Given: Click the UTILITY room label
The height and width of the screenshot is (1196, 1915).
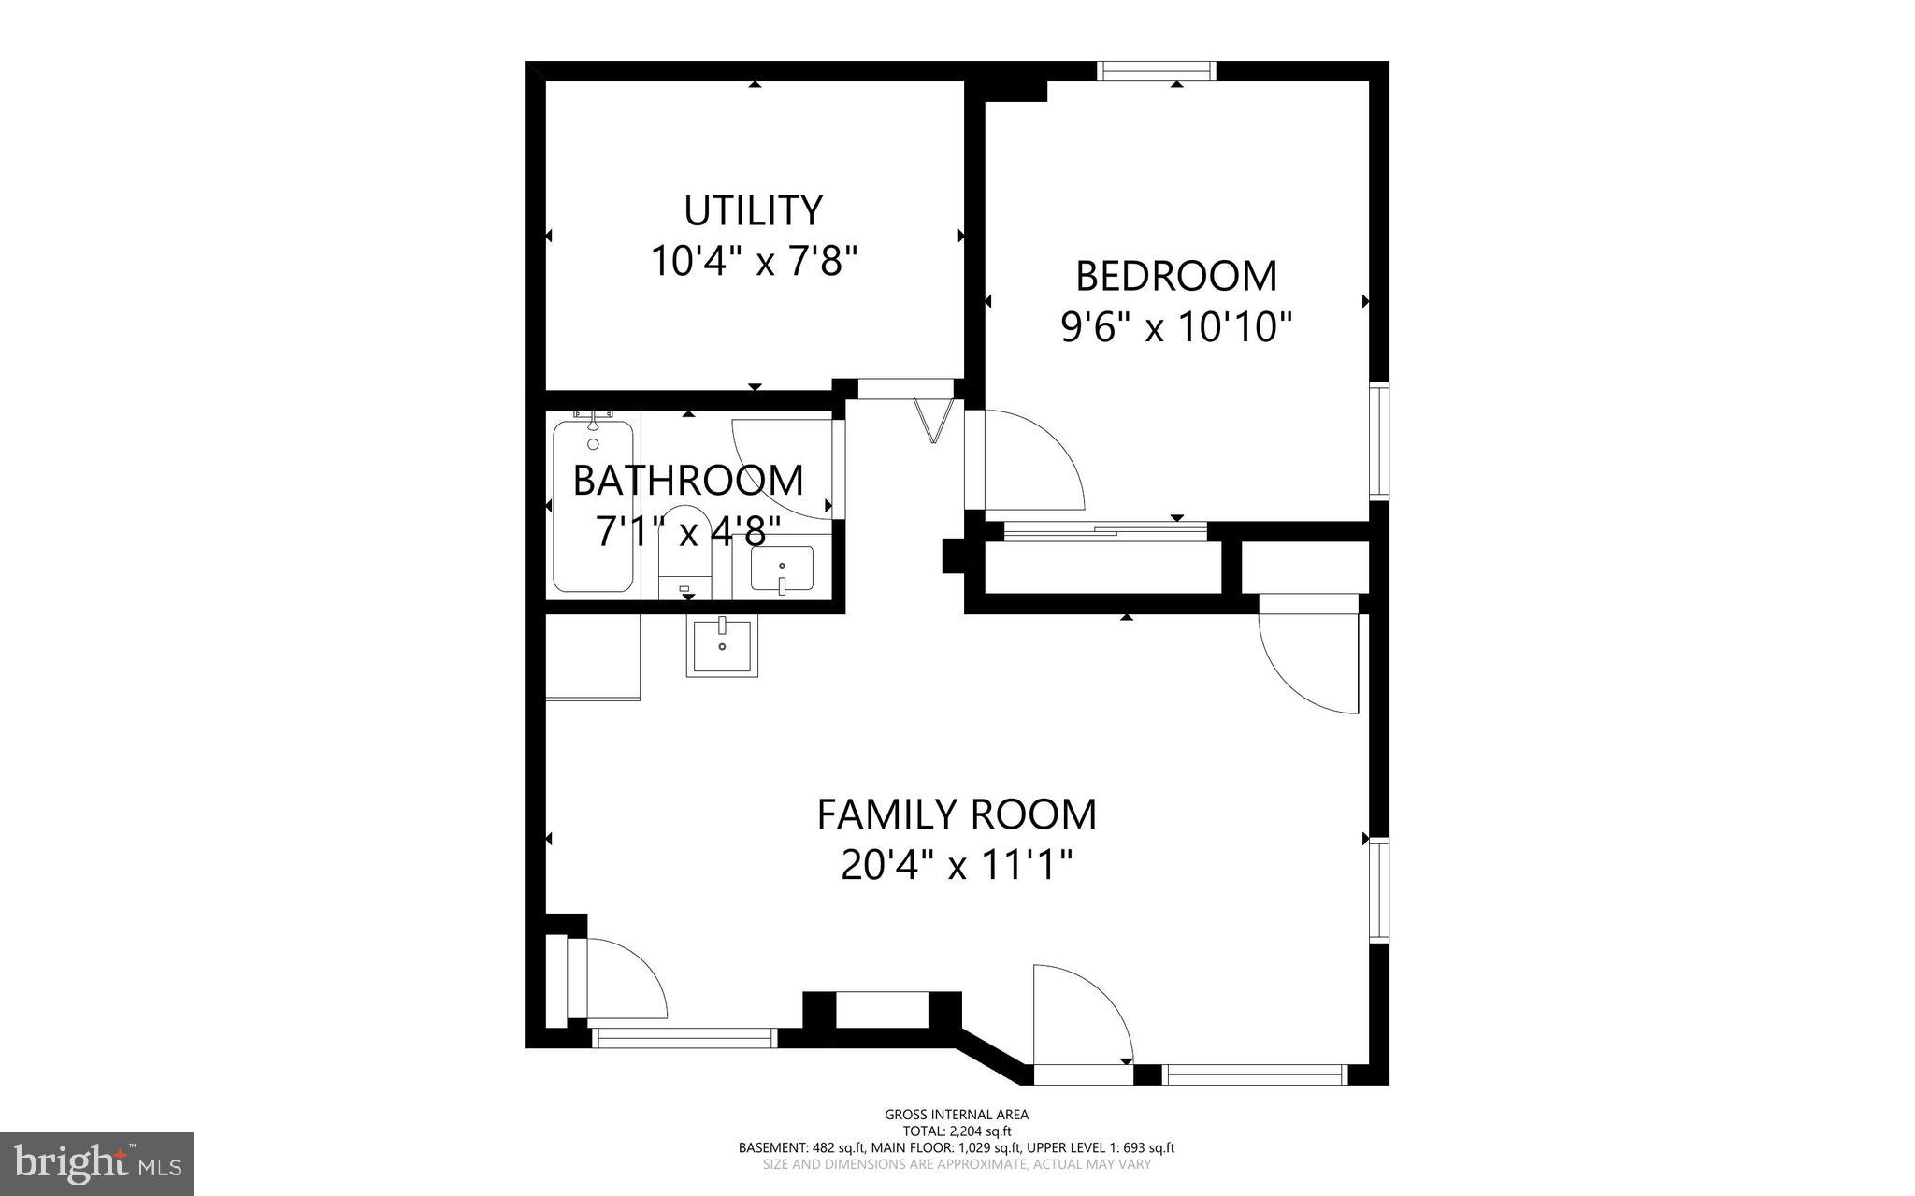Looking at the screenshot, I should pos(753,211).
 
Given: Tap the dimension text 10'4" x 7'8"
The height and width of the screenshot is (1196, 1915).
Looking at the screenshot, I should pos(754,261).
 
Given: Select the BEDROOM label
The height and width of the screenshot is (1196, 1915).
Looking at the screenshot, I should pos(1176,277).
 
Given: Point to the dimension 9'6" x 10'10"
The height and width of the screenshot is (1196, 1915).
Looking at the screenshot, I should pos(1176,327).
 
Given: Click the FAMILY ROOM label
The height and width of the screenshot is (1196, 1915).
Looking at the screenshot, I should pos(957,814).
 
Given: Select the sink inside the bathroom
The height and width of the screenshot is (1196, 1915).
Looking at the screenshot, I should pos(782,569).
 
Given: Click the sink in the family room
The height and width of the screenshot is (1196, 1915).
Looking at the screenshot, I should pos(722,645).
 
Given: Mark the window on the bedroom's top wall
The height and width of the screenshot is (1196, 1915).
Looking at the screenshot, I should pos(1156,70).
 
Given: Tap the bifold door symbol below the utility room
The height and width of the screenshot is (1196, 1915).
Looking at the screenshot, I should pos(933,420).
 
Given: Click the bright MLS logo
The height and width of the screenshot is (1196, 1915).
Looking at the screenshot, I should pos(97,1163).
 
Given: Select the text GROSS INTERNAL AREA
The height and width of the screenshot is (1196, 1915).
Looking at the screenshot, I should pos(957,1114).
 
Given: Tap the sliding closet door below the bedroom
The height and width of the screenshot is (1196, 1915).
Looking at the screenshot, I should pos(1104,531).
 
